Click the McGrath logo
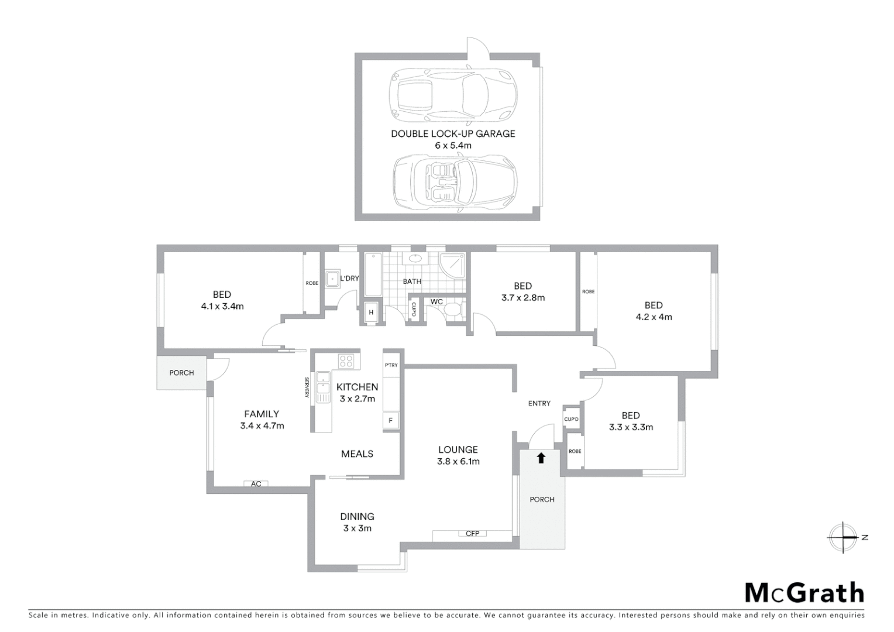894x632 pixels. (804, 593)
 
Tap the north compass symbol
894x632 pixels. (843, 537)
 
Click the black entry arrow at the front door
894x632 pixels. (541, 458)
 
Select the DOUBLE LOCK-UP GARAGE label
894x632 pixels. (453, 133)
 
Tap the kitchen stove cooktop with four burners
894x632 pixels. (346, 361)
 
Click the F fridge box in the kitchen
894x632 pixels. (391, 420)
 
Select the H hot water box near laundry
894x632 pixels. (371, 312)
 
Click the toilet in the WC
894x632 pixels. (453, 310)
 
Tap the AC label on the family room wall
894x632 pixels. (256, 484)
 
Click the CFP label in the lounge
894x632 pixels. (472, 533)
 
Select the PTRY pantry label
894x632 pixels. (391, 365)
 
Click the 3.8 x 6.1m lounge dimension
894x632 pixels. (458, 462)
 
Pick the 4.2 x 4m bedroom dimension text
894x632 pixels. (654, 317)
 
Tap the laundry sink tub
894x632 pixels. (333, 278)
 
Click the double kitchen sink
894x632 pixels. (323, 387)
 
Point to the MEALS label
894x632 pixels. (357, 454)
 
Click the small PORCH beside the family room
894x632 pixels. (181, 373)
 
